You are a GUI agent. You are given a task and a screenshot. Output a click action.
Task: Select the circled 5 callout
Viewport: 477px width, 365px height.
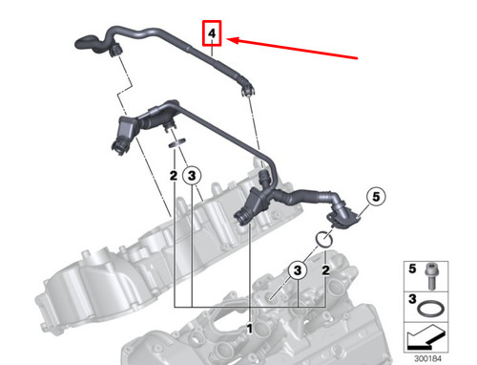point(375,197)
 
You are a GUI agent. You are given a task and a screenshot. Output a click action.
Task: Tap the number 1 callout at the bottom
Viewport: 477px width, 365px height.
point(251,328)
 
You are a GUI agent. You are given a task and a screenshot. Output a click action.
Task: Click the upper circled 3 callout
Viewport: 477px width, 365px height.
point(193,176)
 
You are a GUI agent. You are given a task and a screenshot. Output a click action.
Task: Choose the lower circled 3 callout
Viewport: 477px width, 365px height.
point(298,270)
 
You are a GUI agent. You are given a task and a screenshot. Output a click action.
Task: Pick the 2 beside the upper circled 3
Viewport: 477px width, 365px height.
point(173,176)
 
